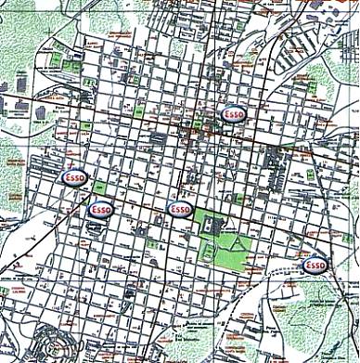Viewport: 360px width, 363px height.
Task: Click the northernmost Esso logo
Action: click(x=233, y=113)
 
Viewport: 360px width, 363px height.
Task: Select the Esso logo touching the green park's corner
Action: click(x=179, y=210)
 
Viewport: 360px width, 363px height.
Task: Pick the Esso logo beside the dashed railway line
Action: click(x=316, y=266)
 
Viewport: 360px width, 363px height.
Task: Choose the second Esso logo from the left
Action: click(x=100, y=210)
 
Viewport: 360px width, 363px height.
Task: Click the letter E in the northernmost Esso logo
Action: click(x=225, y=113)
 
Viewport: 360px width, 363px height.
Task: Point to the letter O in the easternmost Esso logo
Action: click(x=324, y=266)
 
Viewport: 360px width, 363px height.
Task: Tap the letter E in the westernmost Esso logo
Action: click(x=65, y=176)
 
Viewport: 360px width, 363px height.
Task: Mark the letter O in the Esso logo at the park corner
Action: click(x=186, y=210)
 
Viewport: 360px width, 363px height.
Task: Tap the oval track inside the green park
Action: click(x=210, y=247)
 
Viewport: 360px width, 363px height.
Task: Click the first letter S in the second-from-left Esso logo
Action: click(x=97, y=210)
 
